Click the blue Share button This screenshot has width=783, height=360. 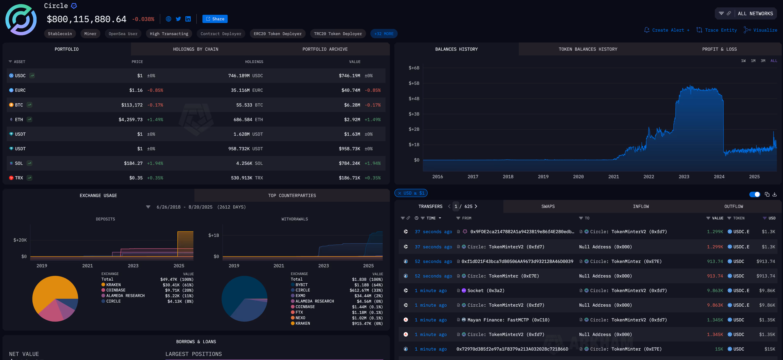coord(215,19)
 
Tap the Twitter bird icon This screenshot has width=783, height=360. coord(178,19)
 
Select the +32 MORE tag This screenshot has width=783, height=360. coord(384,34)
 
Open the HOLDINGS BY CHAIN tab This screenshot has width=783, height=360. coord(195,49)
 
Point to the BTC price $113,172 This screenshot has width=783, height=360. coord(132,105)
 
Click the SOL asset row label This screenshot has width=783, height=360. coord(19,163)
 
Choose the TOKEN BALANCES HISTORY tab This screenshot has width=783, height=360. coord(588,49)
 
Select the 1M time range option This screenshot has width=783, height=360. coord(753,61)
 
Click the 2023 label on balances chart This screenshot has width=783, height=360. coord(684,177)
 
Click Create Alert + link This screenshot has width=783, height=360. coord(667,30)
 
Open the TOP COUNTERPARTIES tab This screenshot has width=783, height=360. coord(292,195)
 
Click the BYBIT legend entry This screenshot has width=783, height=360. coord(301,285)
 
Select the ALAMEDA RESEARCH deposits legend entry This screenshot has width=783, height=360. coord(125,296)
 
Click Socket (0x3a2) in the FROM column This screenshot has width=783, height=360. coord(486,290)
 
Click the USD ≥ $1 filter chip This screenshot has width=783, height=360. coord(411,193)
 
